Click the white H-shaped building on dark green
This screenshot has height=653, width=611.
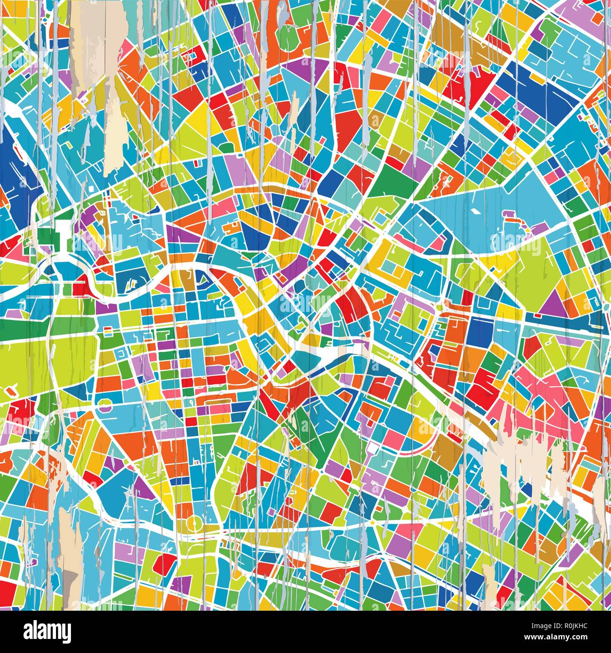(x=62, y=233)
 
